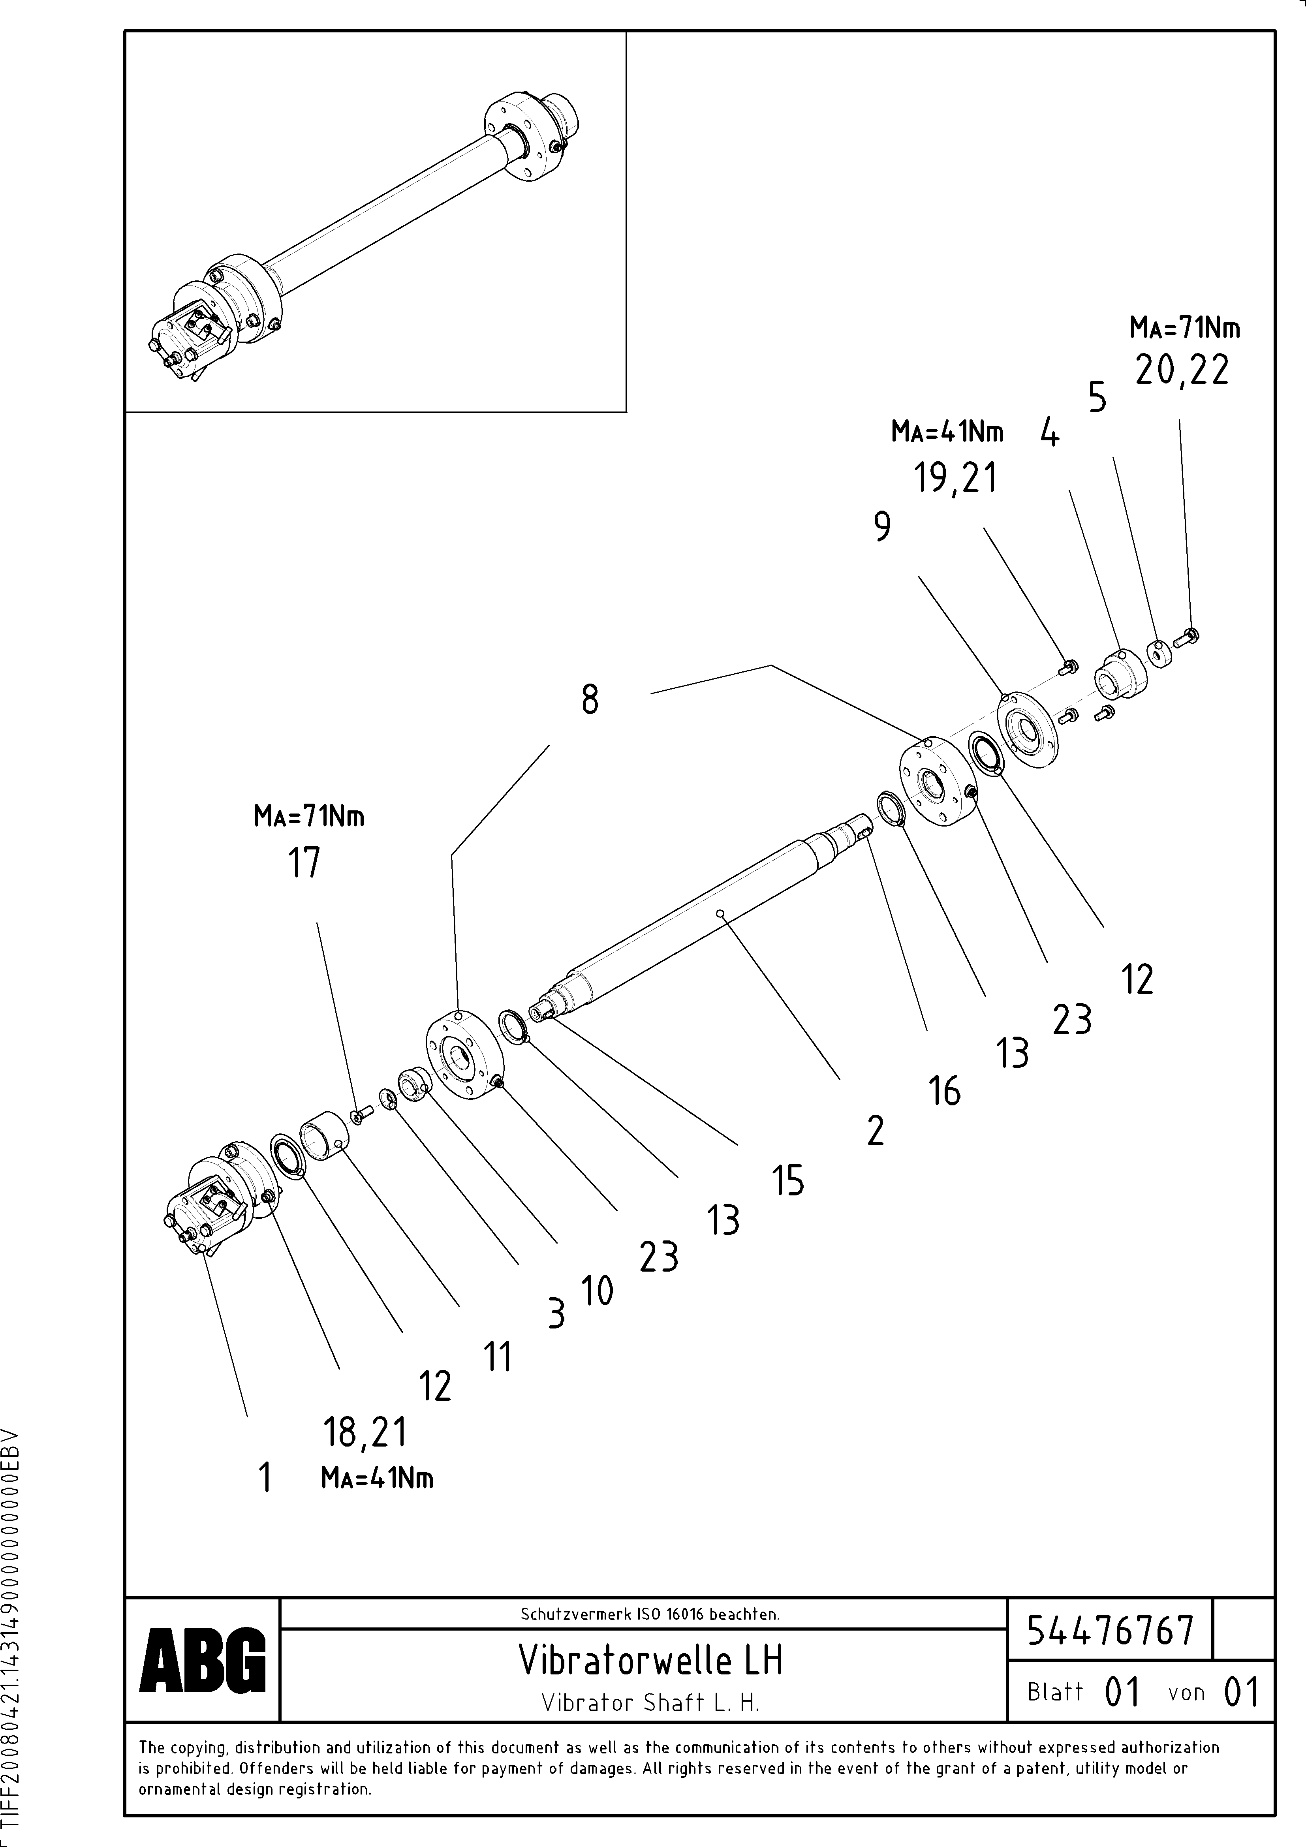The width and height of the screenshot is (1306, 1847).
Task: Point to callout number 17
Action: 304,863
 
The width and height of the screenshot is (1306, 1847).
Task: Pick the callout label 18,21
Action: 365,1433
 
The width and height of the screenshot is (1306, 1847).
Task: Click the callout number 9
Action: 883,528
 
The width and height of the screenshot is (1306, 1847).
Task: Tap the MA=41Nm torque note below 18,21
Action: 377,1479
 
